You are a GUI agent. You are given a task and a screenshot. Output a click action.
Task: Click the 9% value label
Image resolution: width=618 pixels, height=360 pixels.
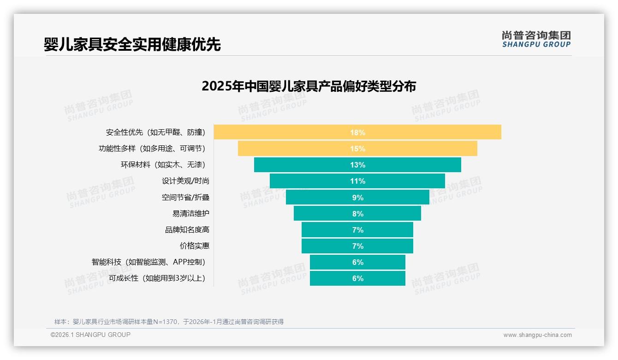(x=357, y=198)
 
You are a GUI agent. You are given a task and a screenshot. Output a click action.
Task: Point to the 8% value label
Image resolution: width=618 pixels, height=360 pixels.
(x=357, y=214)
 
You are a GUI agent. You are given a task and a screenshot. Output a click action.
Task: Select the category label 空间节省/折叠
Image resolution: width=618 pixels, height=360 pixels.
(x=185, y=198)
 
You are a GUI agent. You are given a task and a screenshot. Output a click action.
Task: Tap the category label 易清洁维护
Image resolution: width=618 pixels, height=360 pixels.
(x=190, y=214)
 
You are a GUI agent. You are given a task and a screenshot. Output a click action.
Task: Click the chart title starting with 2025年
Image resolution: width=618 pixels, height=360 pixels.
(x=309, y=86)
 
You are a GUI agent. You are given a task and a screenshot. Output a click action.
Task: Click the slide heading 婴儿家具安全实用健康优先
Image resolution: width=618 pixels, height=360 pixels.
(x=132, y=44)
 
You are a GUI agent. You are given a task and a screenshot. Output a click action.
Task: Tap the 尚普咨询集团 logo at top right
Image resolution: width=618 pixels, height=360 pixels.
(x=536, y=39)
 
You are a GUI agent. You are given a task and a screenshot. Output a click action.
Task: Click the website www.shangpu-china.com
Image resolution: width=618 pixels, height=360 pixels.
(x=537, y=335)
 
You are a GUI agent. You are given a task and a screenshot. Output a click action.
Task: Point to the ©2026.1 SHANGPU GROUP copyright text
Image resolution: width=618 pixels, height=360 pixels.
(x=90, y=335)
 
